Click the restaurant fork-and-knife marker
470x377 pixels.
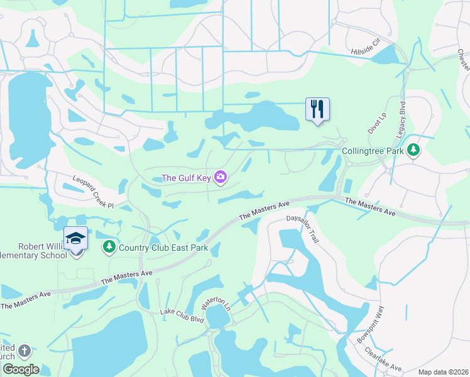coord(317,109)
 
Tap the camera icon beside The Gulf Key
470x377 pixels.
coord(221,178)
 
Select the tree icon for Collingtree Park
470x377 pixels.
coord(413,151)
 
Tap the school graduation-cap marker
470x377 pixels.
coord(75,239)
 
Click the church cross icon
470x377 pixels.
coord(24,351)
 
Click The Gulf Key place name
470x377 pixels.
coord(187,178)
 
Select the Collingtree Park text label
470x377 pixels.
coord(372,151)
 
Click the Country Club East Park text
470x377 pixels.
coord(163,247)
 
